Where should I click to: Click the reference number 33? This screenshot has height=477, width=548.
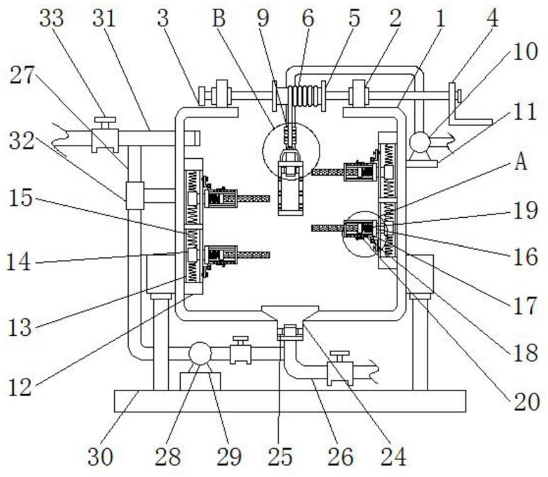click(x=51, y=18)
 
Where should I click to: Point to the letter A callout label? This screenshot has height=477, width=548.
click(x=520, y=163)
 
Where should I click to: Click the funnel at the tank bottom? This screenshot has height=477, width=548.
click(x=289, y=314)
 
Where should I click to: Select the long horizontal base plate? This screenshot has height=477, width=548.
click(x=289, y=400)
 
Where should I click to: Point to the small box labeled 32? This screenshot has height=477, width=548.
click(x=134, y=195)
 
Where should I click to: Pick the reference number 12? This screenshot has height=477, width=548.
click(x=20, y=387)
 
